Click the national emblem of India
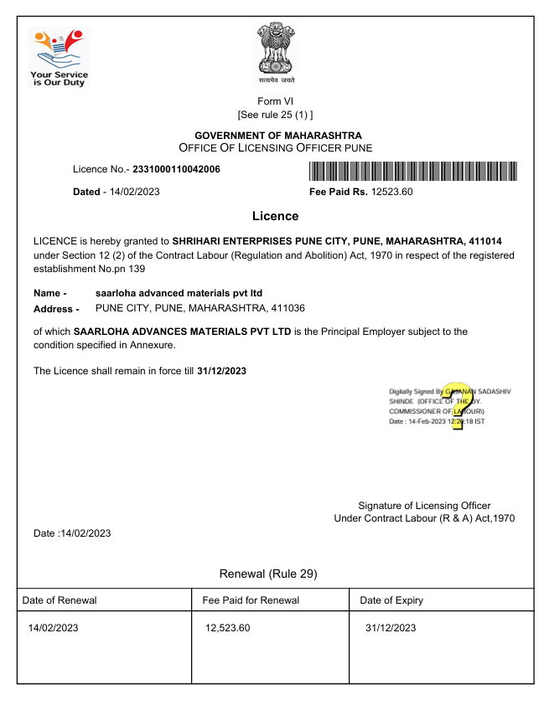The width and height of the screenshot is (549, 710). coord(276,51)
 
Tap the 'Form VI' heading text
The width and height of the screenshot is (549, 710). coord(276,101)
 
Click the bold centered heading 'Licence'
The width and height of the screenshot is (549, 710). coord(275,216)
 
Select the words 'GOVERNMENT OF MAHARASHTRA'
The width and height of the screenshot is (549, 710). coord(278,136)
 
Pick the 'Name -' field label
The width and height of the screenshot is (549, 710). coord(49,293)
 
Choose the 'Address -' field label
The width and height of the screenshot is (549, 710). coord(55,309)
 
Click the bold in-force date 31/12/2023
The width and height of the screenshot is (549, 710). coord(221,370)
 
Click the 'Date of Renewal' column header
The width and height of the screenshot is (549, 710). coord(60,600)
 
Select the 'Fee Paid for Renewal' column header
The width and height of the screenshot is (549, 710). coord(251,600)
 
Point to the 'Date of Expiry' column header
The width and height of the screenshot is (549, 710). coord(391,600)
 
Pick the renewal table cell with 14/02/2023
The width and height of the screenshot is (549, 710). coord(53,628)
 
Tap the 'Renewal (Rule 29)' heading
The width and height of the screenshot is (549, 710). coord(268,574)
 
